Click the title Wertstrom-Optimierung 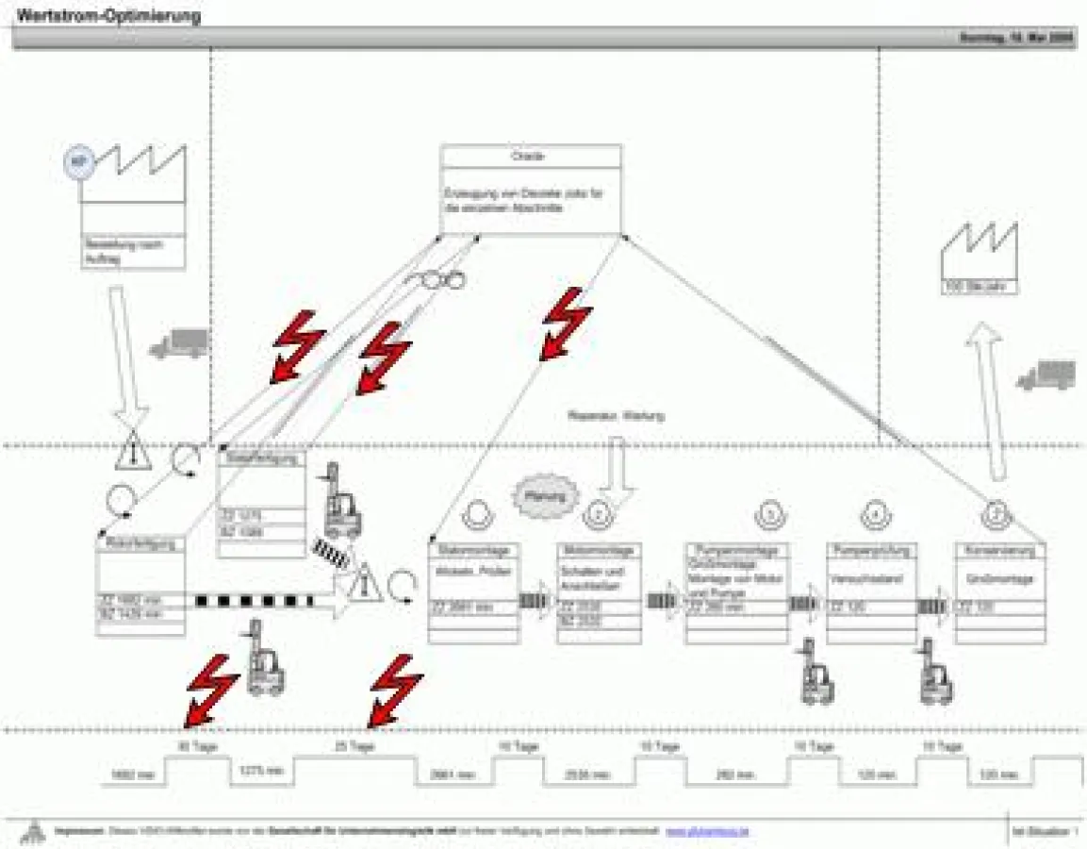click(109, 16)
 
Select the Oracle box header click(530, 156)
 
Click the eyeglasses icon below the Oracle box click(436, 279)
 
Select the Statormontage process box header click(473, 550)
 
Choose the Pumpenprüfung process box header click(871, 550)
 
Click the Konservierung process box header click(999, 550)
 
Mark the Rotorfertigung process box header click(140, 543)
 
